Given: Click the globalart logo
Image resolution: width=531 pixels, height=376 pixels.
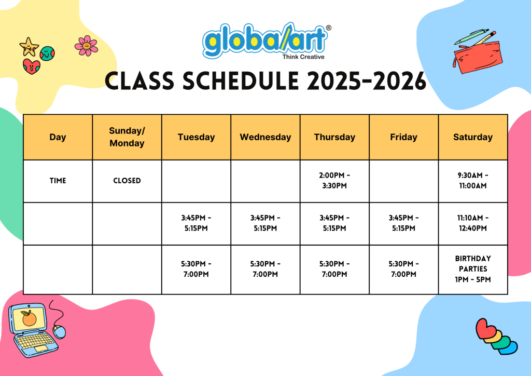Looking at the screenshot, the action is pos(267,42).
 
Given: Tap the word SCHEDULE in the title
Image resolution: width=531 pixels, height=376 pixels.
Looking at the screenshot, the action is pos(241,82).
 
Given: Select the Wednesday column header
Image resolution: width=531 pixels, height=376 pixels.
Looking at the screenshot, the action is pos(265,137).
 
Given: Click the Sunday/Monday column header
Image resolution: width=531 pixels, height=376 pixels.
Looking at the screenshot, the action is pos(127,137).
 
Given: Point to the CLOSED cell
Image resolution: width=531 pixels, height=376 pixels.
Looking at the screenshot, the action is pos(127,181).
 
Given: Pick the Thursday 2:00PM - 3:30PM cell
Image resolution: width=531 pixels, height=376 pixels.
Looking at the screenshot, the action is pos(334,181).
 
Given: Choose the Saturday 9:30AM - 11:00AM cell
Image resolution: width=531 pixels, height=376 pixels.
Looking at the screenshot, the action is pos(473,181).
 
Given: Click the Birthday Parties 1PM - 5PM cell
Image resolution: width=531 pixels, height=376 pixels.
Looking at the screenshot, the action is pos(473,269).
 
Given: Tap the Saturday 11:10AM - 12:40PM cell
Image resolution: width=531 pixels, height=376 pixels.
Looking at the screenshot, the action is pos(473,223).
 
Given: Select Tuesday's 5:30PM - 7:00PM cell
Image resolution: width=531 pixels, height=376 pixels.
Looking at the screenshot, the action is pos(196,269).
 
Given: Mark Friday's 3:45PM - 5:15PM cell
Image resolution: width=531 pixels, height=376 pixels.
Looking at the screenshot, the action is pos(403,223).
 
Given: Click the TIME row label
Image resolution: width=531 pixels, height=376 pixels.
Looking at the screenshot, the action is pos(58,181).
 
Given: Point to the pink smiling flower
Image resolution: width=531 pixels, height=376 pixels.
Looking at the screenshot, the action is pos(87,46).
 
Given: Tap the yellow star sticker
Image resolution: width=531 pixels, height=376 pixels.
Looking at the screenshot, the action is pos(29,46).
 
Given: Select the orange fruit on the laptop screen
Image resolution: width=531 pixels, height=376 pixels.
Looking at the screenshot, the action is pos(29,318).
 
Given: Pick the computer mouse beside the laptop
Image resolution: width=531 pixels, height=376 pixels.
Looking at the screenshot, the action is pos(60,331).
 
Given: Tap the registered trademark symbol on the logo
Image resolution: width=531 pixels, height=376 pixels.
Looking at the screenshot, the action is pos(328,28).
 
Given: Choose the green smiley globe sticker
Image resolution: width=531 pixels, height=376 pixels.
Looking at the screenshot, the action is pos(47,53).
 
